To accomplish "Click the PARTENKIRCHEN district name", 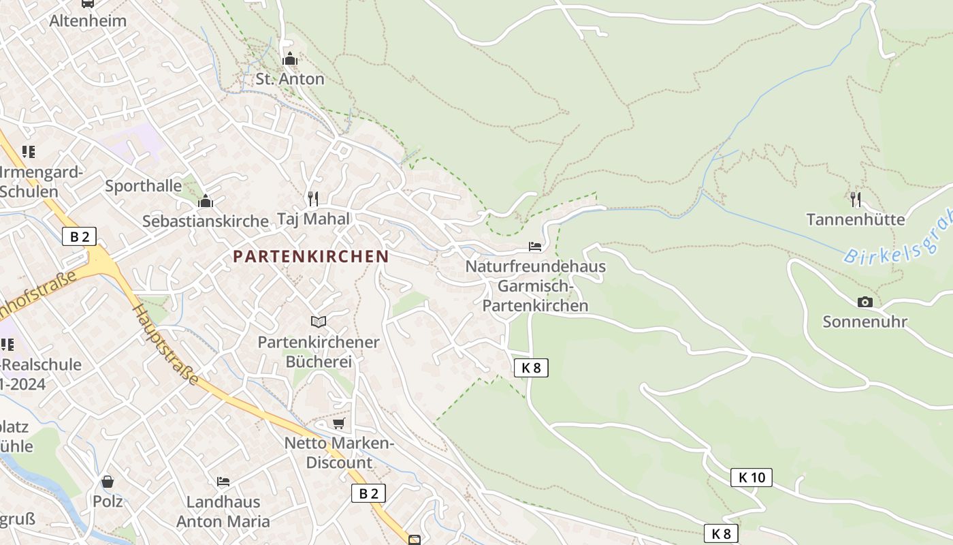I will point(311,256).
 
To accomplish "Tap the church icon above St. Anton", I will point(290,59).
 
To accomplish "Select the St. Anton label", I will point(290,79).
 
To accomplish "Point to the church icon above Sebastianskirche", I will point(206,201).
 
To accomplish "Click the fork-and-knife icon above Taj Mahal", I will point(313,198).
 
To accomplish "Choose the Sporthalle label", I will point(144,186).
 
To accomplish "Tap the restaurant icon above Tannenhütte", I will point(856,199).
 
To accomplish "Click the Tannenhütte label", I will point(856,219).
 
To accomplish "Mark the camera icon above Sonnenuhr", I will point(865,302).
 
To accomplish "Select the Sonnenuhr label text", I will point(865,322).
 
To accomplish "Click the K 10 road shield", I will point(752,477).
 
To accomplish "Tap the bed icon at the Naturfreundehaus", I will point(535,247).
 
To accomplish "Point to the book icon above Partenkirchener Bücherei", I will point(319,322).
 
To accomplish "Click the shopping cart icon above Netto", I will point(338,424).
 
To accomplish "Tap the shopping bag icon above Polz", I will point(108,482).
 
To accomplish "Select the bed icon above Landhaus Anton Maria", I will point(223,482).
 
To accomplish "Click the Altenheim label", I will point(88,20).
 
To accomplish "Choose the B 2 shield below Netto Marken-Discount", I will point(368,493).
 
